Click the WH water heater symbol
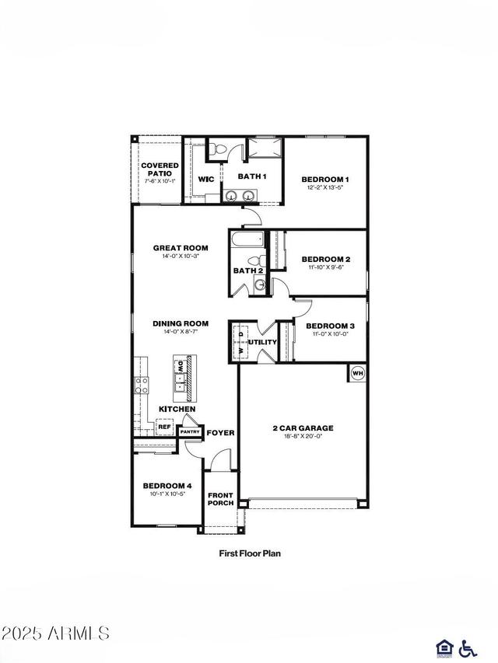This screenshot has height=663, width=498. click(358, 373)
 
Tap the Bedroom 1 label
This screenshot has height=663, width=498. click(325, 179)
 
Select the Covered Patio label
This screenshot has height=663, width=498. click(160, 169)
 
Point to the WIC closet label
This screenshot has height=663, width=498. click(206, 180)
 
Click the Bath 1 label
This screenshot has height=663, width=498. click(252, 176)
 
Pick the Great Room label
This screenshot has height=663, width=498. click(181, 248)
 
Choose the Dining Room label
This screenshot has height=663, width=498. click(181, 323)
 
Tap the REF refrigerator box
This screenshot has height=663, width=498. click(164, 427)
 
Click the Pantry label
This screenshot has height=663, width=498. click(191, 432)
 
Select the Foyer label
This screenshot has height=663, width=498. click(220, 432)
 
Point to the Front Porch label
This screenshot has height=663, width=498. click(220, 499)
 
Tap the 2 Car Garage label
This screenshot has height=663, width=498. click(303, 427)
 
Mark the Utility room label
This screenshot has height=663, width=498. click(262, 342)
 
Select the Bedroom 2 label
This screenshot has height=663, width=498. click(325, 259)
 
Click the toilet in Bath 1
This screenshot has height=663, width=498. click(218, 148)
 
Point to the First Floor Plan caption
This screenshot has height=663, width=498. click(249, 554)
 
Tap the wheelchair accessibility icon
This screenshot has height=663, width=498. click(468, 647)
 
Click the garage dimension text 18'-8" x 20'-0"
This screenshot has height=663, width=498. click(303, 436)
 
